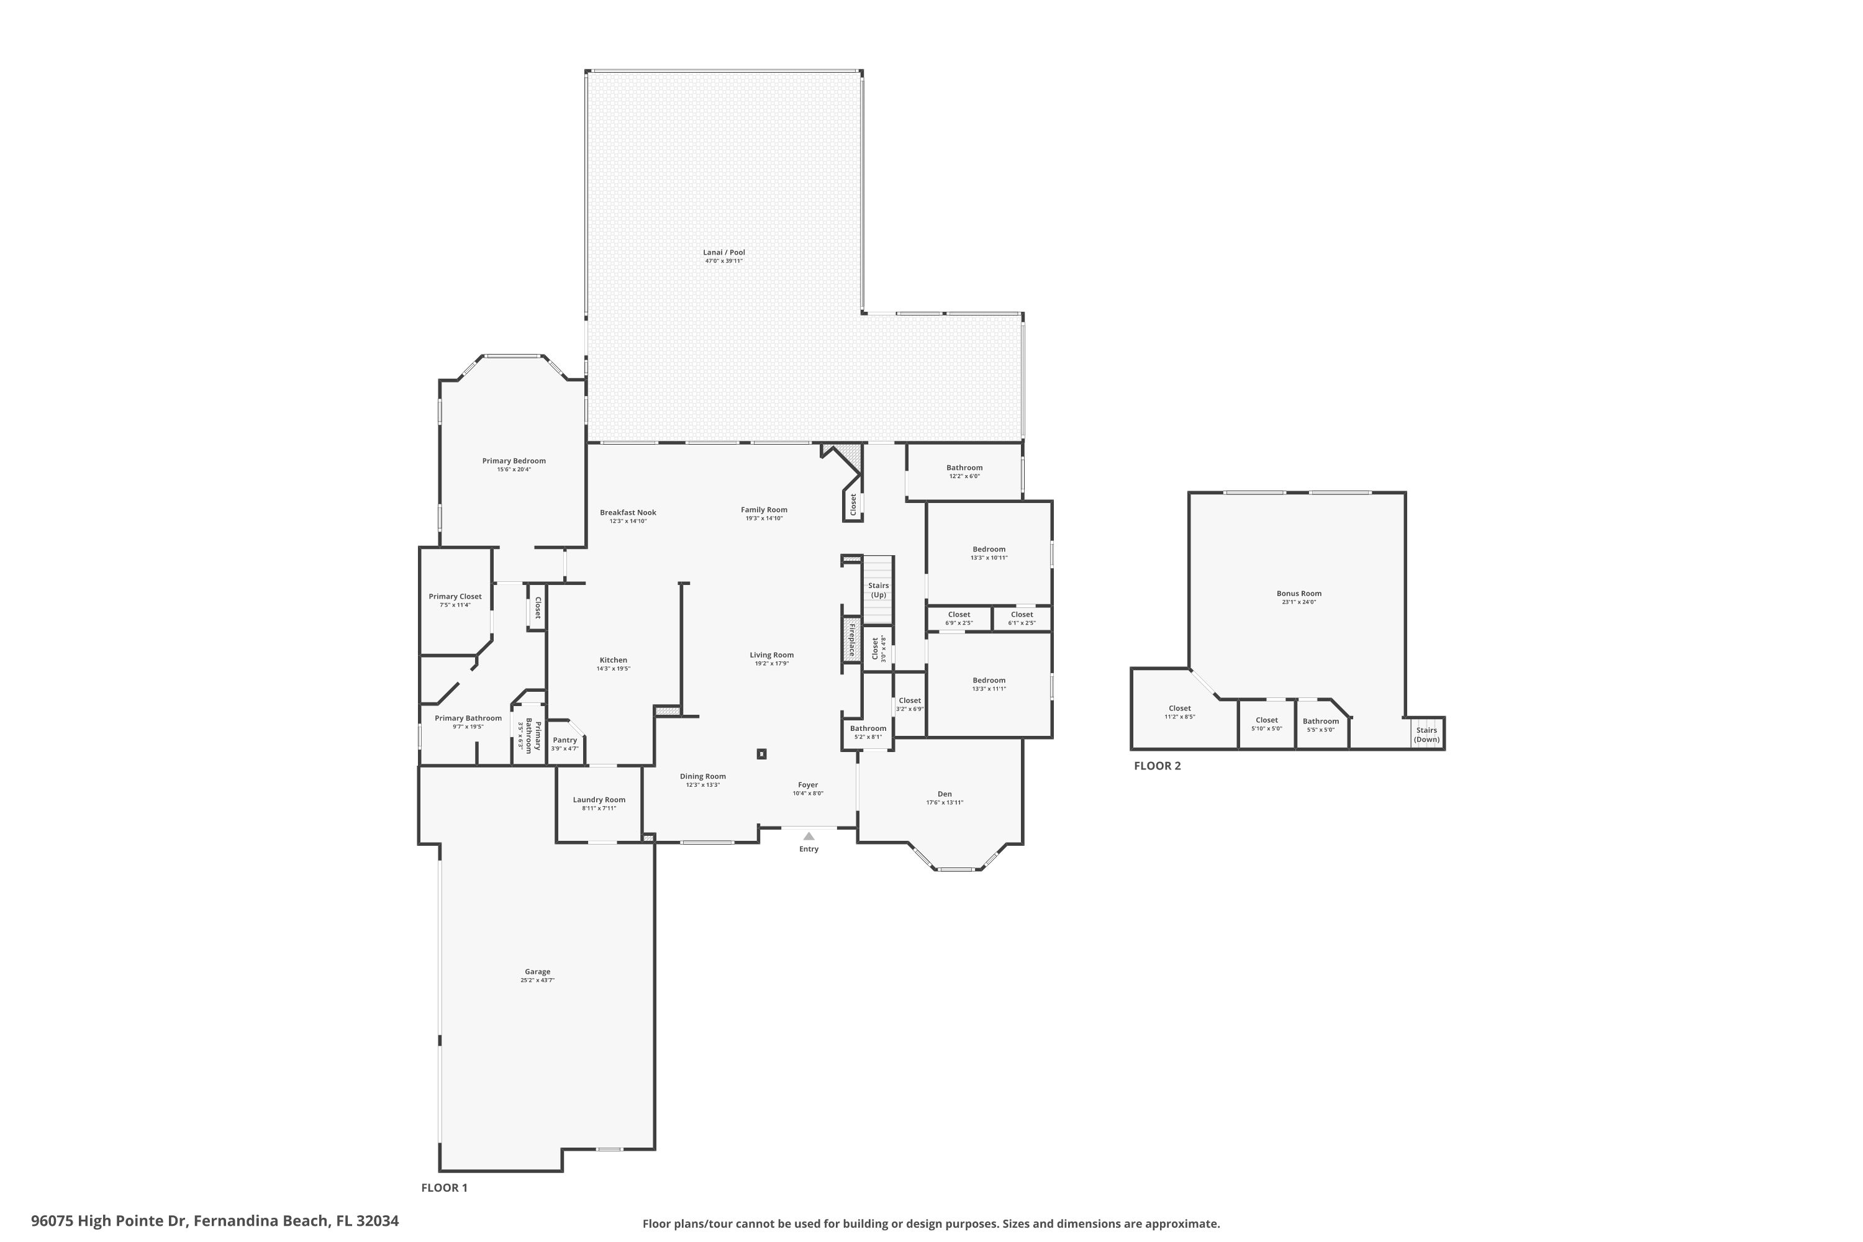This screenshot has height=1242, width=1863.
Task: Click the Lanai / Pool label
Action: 724,253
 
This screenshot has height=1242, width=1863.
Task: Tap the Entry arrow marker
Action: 809,836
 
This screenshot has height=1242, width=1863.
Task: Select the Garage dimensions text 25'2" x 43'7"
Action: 537,981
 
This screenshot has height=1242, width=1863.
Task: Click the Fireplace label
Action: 852,640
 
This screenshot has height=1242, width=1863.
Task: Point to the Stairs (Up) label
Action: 879,590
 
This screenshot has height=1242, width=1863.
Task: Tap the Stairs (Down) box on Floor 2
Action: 1426,734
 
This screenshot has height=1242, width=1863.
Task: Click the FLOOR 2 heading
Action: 1158,766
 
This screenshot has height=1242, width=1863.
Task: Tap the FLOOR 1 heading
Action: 445,1187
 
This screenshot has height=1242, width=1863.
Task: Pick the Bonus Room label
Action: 1299,593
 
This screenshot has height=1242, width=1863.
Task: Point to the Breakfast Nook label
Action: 628,512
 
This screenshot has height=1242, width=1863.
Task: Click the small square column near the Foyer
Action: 762,754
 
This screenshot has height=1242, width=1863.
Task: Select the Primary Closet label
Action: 455,596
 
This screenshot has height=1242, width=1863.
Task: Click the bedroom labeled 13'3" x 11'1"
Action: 989,684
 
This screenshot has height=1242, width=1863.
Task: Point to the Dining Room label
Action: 702,776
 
